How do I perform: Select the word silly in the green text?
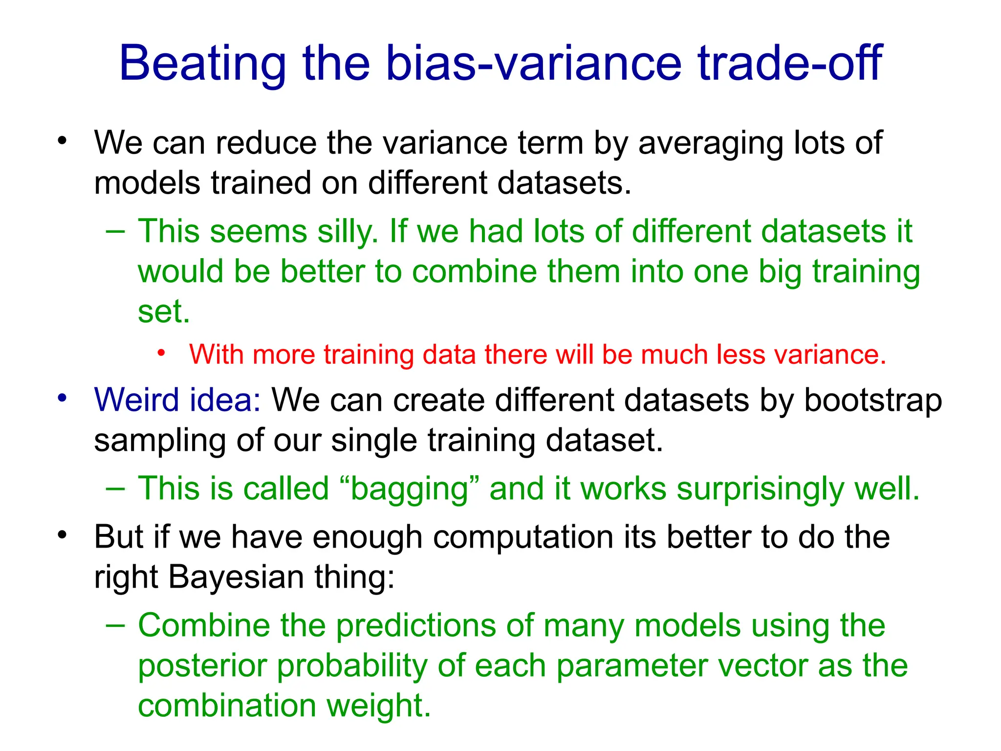tap(348, 231)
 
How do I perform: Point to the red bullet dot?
tap(162, 353)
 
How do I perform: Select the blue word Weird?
tap(137, 400)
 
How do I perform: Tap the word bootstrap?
tap(872, 401)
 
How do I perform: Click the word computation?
tap(523, 537)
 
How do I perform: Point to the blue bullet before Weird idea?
tap(62, 398)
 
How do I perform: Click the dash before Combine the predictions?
tap(115, 624)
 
